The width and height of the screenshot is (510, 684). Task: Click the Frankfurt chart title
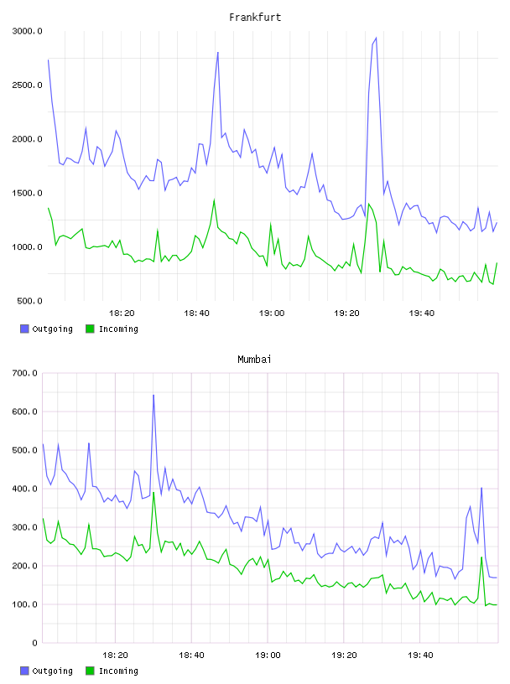point(255,18)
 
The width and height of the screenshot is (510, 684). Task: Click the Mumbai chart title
point(254,360)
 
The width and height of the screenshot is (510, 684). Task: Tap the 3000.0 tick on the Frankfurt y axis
point(27,31)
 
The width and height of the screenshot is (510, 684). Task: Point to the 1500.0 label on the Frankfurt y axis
point(27,194)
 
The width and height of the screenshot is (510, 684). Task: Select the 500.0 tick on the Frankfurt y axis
point(29,301)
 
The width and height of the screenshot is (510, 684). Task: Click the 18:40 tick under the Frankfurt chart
point(196,313)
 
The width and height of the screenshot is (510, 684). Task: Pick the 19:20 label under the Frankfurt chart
point(346,313)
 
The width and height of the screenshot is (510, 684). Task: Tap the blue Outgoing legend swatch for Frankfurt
point(24,329)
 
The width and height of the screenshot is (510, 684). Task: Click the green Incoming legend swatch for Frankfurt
point(90,329)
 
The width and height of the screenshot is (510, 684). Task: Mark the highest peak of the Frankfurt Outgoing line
point(376,38)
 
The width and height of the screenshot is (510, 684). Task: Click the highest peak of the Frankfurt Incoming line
point(214,199)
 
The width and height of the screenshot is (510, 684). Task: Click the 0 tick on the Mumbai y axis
point(35,643)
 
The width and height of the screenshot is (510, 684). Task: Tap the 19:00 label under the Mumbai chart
point(268,655)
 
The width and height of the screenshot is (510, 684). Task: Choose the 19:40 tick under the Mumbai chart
point(420,655)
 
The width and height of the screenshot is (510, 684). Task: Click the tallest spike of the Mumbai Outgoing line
point(154,395)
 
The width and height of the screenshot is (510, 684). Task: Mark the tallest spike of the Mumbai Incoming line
point(154,493)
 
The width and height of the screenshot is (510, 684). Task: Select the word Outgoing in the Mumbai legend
point(52,671)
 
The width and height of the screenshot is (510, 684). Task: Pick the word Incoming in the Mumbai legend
point(118,671)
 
